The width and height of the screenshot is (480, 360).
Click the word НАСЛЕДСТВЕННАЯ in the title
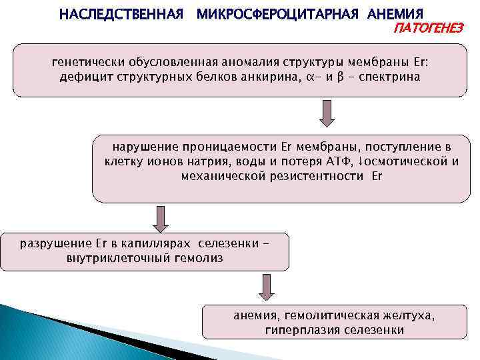pyautogui.click(x=121, y=14)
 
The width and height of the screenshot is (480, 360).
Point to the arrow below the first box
pyautogui.click(x=326, y=114)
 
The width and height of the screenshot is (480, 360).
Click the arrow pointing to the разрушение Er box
pyautogui.click(x=159, y=218)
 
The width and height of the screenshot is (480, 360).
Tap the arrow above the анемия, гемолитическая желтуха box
pyautogui.click(x=265, y=288)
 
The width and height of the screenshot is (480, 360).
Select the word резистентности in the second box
pyautogui.click(x=318, y=176)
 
